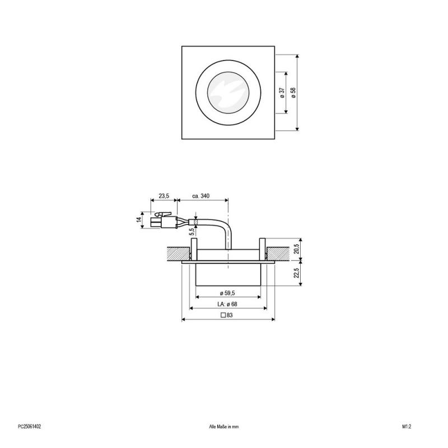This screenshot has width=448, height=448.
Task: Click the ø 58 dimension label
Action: [293, 93]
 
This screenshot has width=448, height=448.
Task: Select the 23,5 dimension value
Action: [164, 195]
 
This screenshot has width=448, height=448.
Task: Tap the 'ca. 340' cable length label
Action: [201, 195]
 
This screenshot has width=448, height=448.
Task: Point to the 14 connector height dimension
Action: [139, 220]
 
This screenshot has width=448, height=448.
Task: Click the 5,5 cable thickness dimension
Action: [191, 231]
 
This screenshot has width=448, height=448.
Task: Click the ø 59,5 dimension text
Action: [228, 293]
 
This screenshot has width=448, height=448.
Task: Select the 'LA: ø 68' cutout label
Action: [228, 304]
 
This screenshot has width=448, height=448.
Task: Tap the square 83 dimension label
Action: [227, 316]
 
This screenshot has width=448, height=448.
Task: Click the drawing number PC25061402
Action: [30, 426]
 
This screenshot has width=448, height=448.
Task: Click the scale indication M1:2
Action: [407, 426]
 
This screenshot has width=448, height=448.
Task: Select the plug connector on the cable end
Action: [162, 220]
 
